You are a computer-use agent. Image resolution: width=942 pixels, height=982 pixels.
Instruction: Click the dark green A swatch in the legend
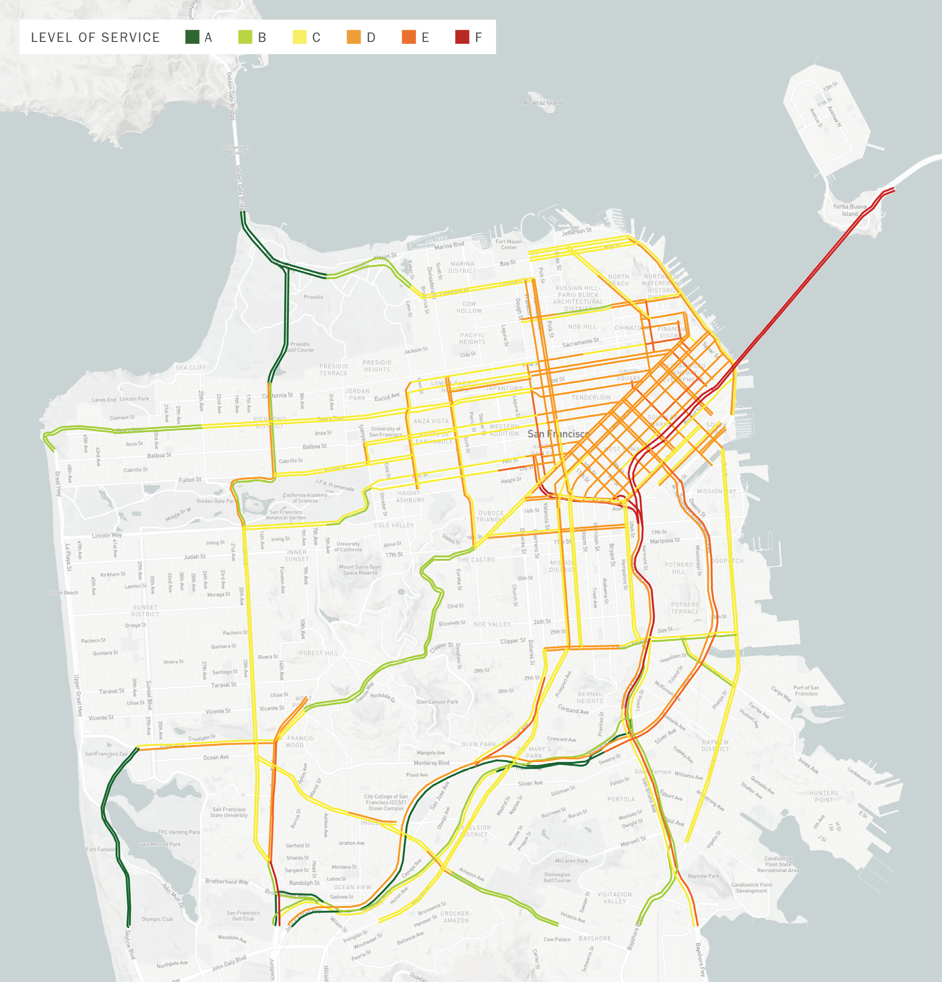[x=192, y=37]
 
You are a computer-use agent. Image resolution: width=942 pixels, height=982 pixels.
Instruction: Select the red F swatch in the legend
[x=462, y=37]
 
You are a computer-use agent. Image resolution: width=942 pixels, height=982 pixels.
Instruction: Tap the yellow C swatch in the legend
[x=300, y=37]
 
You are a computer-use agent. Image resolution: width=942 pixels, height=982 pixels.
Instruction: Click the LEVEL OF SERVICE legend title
[x=95, y=38]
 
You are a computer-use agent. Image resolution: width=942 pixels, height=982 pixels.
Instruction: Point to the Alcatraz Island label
[x=543, y=103]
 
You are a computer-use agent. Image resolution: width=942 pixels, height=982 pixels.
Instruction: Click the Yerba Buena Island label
[x=849, y=210]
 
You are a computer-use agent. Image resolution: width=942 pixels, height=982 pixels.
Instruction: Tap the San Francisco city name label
[x=558, y=434]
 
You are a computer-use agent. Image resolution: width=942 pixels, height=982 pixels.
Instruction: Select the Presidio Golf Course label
[x=300, y=347]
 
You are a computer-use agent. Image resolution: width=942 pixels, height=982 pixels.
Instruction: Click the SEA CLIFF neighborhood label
[x=190, y=367]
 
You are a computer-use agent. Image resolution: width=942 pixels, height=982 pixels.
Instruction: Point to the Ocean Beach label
[x=63, y=592]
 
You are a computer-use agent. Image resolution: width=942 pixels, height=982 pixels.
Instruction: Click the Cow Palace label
[x=557, y=940]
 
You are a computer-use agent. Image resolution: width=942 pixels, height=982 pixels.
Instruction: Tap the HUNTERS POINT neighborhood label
[x=824, y=796]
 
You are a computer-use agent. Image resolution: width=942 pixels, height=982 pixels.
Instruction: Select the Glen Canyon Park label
[x=437, y=702]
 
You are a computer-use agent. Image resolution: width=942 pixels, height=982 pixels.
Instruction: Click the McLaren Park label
[x=571, y=861]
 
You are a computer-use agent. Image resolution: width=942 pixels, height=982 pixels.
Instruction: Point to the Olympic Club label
[x=157, y=919]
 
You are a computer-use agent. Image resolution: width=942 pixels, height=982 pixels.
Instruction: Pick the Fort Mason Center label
[x=509, y=244]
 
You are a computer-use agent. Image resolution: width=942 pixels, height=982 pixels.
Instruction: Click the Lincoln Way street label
[x=107, y=535]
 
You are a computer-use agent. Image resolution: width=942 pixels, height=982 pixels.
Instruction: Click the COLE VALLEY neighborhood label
[x=394, y=526]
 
